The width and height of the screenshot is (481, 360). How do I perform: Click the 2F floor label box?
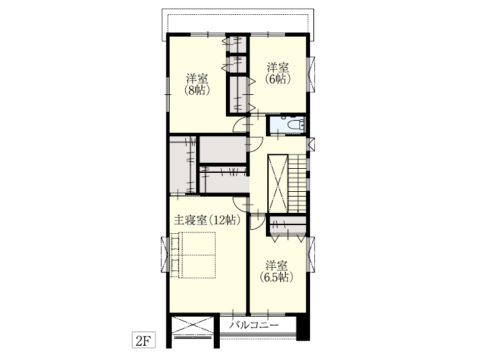pos(144,340)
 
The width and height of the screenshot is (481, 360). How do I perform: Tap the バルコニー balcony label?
pos(255,325)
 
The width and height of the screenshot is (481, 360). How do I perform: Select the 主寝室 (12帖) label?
pos(207,220)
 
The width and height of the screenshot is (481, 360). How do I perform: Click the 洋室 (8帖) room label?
pos(197,84)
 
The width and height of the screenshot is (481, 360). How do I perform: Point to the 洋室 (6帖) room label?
pos(278,73)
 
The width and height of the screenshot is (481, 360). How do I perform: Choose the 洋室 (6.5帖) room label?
pos(277,271)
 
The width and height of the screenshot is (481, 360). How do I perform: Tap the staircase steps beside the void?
pos(297,183)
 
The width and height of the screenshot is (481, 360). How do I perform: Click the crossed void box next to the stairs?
pos(277,183)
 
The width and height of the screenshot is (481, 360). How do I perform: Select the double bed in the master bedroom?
pos(193,255)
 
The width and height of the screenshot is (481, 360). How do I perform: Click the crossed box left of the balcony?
pos(193,326)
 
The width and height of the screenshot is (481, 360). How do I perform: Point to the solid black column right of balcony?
pos(303,328)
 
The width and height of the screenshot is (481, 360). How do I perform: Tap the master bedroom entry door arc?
pos(241,204)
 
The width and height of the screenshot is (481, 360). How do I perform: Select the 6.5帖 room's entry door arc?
pos(258,222)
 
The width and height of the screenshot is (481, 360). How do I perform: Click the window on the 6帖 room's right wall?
pos(311,74)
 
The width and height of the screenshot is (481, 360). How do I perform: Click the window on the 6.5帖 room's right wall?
pos(311,254)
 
